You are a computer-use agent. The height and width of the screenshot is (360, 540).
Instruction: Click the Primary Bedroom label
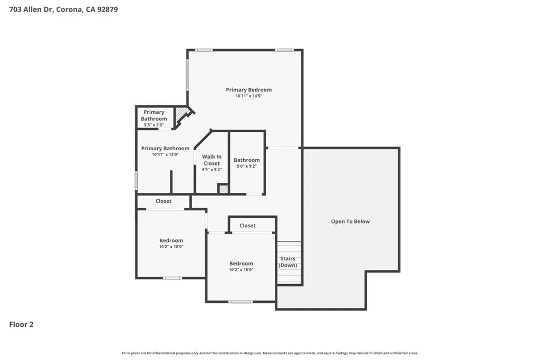click(249, 90)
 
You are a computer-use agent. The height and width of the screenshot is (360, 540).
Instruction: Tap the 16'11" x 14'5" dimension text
click(249, 96)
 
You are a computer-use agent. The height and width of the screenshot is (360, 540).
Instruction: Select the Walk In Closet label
click(212, 160)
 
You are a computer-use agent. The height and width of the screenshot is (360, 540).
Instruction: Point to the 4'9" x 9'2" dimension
click(212, 169)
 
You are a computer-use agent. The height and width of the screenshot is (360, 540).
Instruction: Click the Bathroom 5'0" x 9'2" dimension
click(247, 166)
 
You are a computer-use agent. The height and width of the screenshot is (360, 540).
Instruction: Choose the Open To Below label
click(350, 222)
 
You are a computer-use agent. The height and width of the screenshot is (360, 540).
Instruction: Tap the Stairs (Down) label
click(287, 262)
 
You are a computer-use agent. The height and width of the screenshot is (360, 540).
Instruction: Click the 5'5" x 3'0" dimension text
click(153, 125)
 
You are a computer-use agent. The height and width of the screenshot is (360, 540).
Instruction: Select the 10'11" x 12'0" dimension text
click(165, 154)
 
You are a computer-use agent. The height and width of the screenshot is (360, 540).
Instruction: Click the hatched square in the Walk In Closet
click(224, 189)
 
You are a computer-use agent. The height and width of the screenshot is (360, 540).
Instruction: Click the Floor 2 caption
click(21, 325)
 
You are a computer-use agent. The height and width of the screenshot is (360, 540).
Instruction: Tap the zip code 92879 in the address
click(108, 9)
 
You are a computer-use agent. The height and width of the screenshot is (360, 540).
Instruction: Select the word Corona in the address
click(70, 9)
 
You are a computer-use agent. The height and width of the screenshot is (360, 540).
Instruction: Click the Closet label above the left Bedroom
click(163, 201)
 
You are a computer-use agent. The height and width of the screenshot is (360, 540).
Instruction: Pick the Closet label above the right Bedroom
click(247, 226)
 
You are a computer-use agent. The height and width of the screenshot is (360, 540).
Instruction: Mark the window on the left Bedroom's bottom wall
click(172, 278)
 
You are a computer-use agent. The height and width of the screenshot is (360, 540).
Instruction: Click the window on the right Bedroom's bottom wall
click(240, 302)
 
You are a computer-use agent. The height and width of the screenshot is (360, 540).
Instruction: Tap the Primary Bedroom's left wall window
click(188, 75)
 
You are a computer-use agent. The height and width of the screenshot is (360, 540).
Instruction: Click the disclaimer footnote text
click(270, 353)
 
